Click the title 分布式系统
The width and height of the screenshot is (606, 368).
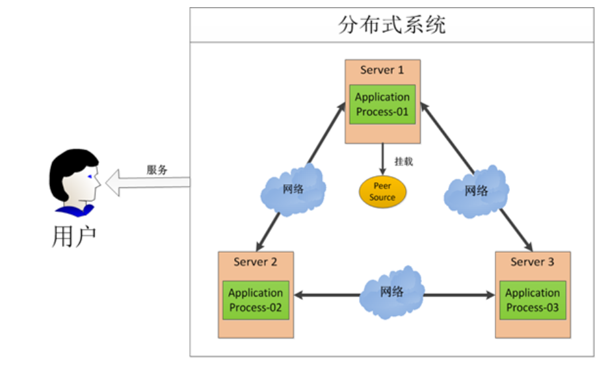[x=392, y=25]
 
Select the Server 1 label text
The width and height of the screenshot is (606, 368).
[x=382, y=70]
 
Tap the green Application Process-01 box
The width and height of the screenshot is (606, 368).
[x=382, y=105]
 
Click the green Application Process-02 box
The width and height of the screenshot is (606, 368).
[x=256, y=300]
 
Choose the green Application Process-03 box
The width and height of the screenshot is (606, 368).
[x=533, y=300]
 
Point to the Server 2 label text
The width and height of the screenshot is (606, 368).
[x=255, y=262]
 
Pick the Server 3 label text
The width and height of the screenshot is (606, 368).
[x=532, y=262]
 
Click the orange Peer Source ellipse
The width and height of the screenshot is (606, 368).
[x=382, y=192]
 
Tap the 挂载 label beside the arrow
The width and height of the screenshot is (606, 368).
[x=404, y=161]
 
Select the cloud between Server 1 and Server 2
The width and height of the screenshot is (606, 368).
[x=293, y=189]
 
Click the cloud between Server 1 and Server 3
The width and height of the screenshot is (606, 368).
[x=476, y=191]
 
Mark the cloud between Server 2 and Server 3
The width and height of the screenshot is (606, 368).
[x=392, y=293]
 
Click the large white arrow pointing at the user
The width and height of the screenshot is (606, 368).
[x=148, y=183]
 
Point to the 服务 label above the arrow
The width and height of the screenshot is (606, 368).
[x=157, y=169]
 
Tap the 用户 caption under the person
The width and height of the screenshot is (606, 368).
[x=74, y=237]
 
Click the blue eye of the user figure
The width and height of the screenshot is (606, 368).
[x=90, y=177]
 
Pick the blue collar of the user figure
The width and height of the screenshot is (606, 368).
[x=75, y=211]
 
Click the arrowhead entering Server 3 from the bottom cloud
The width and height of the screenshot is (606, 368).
[x=491, y=295]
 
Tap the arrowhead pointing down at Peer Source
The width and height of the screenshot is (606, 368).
[x=382, y=172]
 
